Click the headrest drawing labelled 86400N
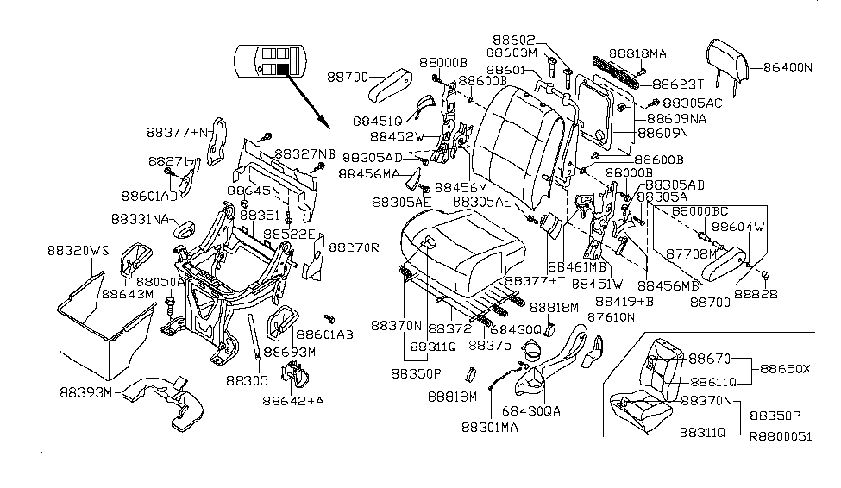tap(728, 60)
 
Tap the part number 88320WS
tap(78, 250)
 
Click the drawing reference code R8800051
tap(781, 436)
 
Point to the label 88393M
tap(85, 392)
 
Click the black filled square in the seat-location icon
tap(283, 69)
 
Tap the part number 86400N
tap(788, 67)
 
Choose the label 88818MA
tap(637, 53)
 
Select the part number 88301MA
tap(490, 428)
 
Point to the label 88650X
tap(785, 369)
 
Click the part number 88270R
tap(354, 247)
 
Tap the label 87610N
tap(611, 317)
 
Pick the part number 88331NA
tap(140, 219)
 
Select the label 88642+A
tap(293, 401)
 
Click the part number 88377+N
tap(177, 132)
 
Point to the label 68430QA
tap(531, 410)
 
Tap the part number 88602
tap(514, 41)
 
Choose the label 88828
tap(756, 294)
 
